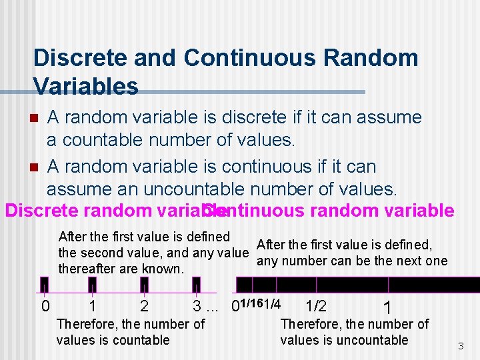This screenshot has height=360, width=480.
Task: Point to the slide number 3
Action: tap(460, 346)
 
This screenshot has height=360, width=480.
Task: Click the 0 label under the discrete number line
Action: tap(45, 306)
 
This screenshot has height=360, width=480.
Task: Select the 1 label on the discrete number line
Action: tap(93, 306)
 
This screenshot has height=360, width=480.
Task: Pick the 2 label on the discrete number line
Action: tap(144, 306)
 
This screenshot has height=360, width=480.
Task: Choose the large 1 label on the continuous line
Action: tap(387, 308)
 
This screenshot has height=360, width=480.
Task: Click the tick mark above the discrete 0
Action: tap(44, 286)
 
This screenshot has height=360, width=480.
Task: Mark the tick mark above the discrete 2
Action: tap(144, 286)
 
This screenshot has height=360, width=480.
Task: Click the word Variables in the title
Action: tap(85, 86)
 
